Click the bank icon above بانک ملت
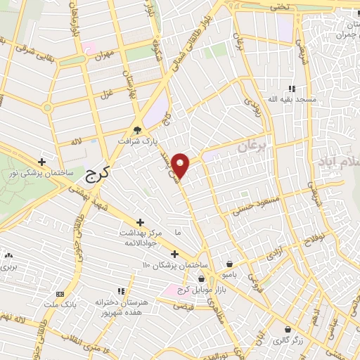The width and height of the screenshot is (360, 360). click(x=60, y=294)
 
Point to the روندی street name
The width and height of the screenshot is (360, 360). click(x=252, y=106)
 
